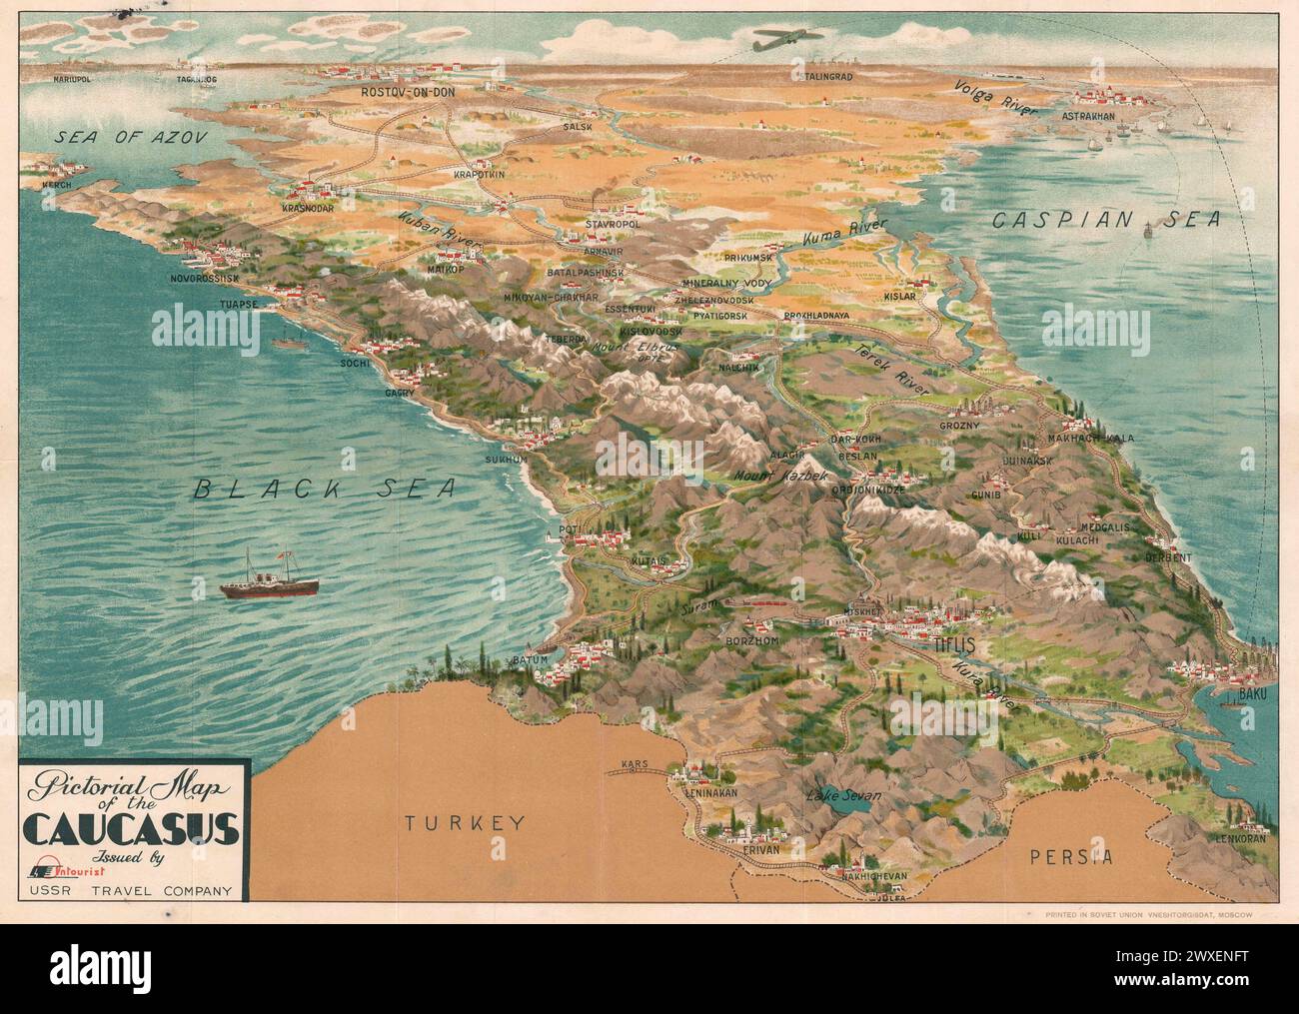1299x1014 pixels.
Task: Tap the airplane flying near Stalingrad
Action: pos(788,40)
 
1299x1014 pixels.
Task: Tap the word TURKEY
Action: pos(465,823)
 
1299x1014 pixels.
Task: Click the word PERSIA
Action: pos(1072,856)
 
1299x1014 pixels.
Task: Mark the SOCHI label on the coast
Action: pos(353,364)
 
